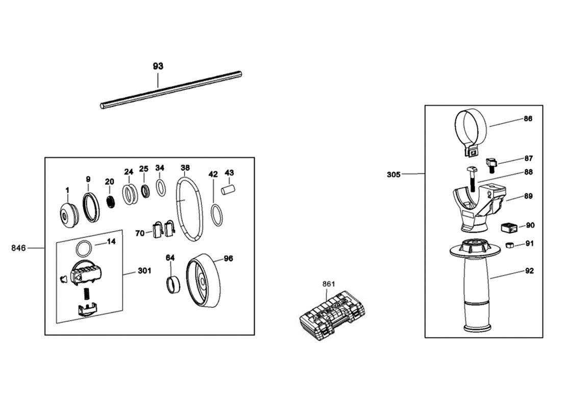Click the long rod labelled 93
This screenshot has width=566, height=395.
(170, 90)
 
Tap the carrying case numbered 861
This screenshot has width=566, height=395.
(330, 313)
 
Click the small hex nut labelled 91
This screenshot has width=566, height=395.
(509, 245)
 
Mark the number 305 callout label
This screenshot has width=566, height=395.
(393, 174)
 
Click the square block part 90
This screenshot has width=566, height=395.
(507, 227)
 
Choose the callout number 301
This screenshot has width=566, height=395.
(144, 271)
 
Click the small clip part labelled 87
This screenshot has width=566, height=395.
(493, 164)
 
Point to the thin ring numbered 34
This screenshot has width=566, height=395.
(160, 188)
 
